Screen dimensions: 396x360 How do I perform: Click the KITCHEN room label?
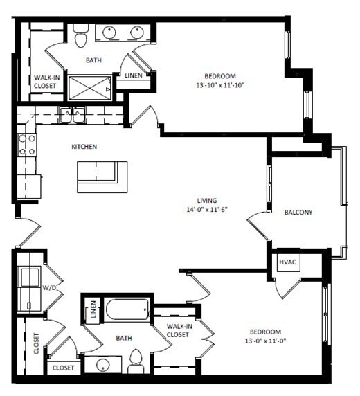tap(84, 147)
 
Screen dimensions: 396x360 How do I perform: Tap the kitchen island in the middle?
tap(102, 177)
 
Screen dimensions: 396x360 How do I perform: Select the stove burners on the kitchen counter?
tap(27, 145)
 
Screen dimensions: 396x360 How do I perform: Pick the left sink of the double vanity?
tap(109, 32)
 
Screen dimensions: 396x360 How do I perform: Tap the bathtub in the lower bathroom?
tap(127, 309)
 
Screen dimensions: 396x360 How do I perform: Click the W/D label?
tap(50, 286)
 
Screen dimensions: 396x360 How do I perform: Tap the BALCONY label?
tap(298, 213)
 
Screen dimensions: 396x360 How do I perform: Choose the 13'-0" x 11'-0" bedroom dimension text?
tap(266, 341)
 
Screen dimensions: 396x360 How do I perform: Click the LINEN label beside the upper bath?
tap(133, 75)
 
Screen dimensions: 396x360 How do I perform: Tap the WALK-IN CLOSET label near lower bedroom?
tap(178, 330)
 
